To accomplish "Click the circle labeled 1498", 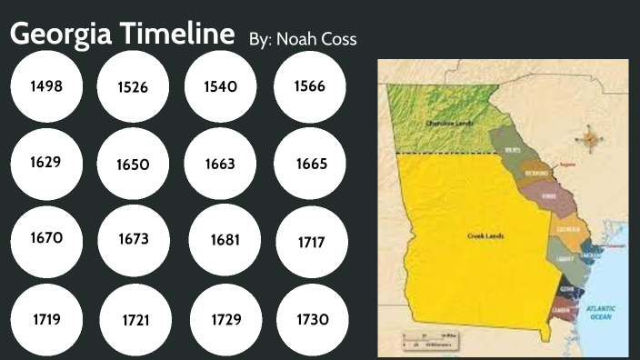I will click(x=45, y=87).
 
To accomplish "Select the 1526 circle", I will click(x=133, y=87).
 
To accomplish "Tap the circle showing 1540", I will click(x=221, y=87).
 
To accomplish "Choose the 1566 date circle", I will click(x=309, y=87).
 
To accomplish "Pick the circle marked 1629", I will click(x=45, y=164).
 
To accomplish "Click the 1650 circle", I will click(x=133, y=165).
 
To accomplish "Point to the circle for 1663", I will click(x=221, y=165).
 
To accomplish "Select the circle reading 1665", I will click(x=311, y=165).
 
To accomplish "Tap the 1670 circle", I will click(x=45, y=238).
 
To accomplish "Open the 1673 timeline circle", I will click(x=133, y=240).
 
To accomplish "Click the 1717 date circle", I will click(x=311, y=243).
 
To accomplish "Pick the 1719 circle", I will click(x=45, y=319).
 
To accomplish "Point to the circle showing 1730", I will click(x=311, y=319).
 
